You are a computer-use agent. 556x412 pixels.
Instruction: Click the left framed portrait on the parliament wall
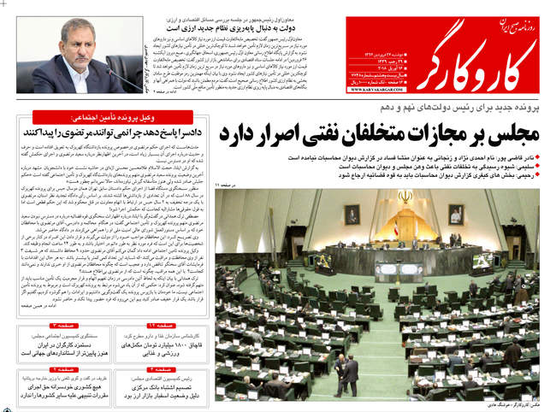(x=352, y=215)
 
